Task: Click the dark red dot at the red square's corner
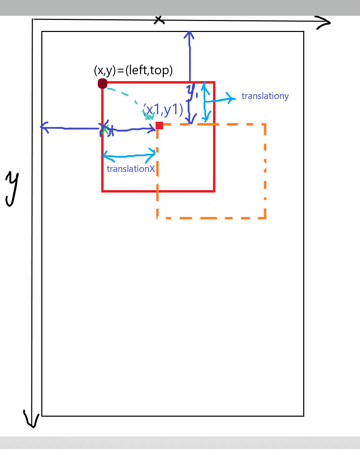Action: tap(103, 84)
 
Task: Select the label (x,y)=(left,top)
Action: tap(133, 70)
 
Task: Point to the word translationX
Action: tap(130, 169)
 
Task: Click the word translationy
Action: tap(265, 96)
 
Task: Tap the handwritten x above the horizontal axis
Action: tap(159, 20)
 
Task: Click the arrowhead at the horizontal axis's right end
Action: tap(325, 23)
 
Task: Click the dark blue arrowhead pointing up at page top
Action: tap(189, 35)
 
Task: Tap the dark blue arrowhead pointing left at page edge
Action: tap(44, 127)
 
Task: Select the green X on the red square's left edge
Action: tap(105, 130)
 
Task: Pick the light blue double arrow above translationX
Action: tap(129, 156)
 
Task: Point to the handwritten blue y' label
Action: tap(192, 90)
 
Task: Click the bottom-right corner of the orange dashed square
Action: tap(265, 218)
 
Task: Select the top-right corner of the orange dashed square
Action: tap(265, 124)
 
